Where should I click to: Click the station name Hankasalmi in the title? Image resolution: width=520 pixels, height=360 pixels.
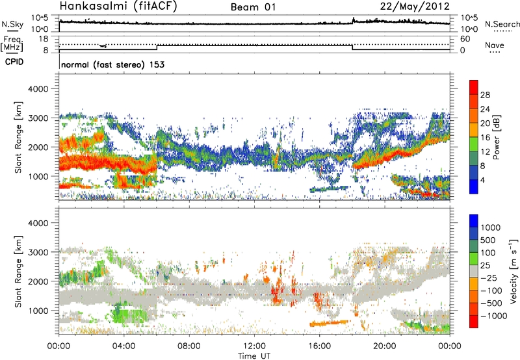[90, 7]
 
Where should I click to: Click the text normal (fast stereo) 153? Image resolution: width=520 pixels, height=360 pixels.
[111, 65]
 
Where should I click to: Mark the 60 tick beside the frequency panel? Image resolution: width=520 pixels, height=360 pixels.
[464, 38]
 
